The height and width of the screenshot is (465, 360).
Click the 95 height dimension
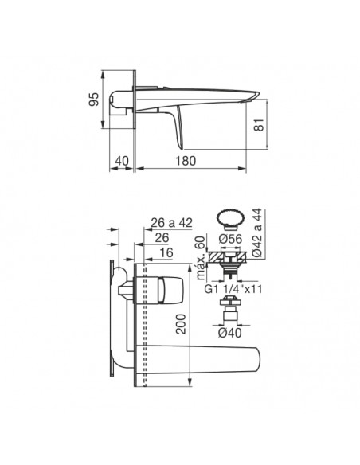pyautogui.click(x=94, y=100)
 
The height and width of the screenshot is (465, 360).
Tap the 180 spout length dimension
pyautogui.click(x=186, y=161)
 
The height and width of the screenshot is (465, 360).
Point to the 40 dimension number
pyautogui.click(x=122, y=161)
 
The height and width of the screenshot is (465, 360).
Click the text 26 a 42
pyautogui.click(x=172, y=222)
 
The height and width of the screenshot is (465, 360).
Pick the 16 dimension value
pyautogui.click(x=166, y=252)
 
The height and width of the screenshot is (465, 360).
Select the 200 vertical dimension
pyautogui.click(x=181, y=324)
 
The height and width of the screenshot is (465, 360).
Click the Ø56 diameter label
pyautogui.click(x=231, y=239)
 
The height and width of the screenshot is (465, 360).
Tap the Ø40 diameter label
pyautogui.click(x=230, y=333)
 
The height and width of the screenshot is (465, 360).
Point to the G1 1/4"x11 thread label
pyautogui.click(x=233, y=289)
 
